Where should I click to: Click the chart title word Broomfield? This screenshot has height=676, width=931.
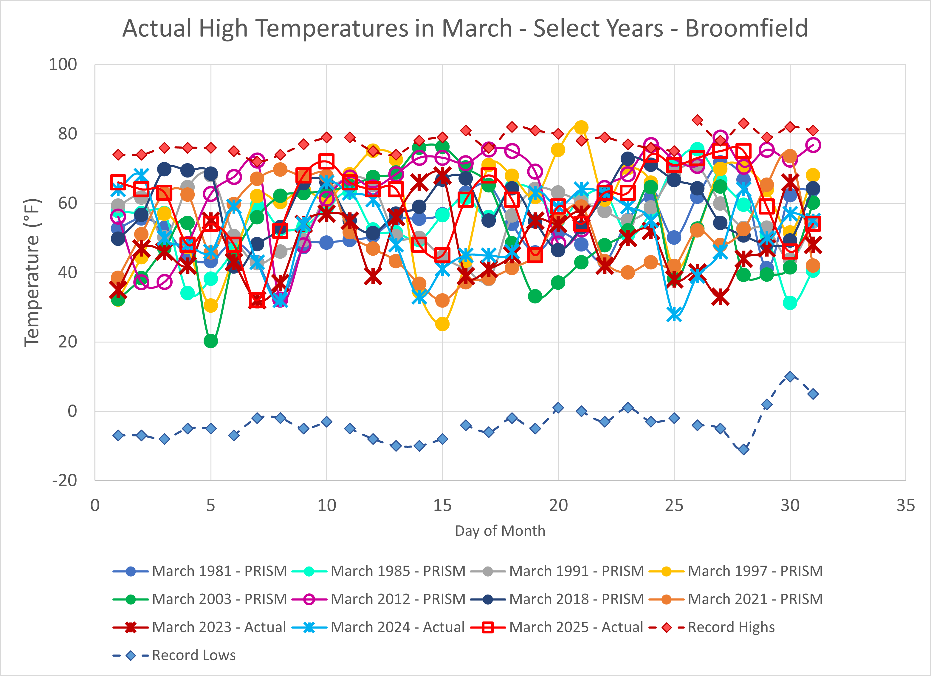(x=746, y=29)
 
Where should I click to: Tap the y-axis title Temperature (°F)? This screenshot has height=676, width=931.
(x=32, y=273)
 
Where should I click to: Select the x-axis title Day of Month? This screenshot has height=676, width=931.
(x=500, y=531)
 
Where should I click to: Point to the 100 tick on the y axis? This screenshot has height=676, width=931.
(x=63, y=64)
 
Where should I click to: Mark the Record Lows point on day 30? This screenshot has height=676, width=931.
(x=790, y=376)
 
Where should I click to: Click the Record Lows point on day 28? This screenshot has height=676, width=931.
(x=743, y=449)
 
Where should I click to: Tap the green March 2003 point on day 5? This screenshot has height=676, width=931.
(x=210, y=341)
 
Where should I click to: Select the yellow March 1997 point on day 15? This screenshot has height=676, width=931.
(x=442, y=324)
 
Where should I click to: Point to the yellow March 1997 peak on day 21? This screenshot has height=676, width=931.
(x=581, y=127)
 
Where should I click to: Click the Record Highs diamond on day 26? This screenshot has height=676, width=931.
(x=697, y=120)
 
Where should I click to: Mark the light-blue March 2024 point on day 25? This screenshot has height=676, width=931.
(x=674, y=315)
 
